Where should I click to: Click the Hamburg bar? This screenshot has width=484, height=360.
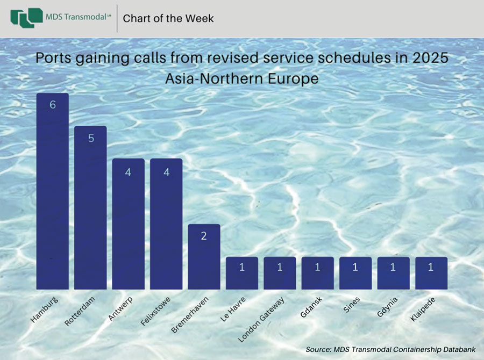(x=53, y=191)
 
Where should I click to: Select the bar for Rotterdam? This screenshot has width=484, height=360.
(x=90, y=207)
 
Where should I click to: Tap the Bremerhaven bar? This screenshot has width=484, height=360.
(x=204, y=257)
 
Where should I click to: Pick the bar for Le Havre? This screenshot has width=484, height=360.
(x=242, y=273)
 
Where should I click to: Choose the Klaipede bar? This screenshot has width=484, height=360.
(x=431, y=273)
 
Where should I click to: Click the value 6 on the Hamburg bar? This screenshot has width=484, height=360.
(x=53, y=105)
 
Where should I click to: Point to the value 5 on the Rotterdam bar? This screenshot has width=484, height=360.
(x=91, y=138)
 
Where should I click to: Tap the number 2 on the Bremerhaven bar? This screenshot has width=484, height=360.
(x=204, y=236)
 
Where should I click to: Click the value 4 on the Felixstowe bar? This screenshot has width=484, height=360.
(x=167, y=172)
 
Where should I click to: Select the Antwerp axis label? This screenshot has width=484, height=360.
(x=120, y=309)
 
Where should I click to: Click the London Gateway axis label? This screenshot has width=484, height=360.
(x=261, y=320)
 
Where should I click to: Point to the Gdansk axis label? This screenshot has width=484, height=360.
(x=311, y=307)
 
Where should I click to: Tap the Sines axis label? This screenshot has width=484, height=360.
(x=352, y=305)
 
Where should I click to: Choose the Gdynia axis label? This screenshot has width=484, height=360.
(x=387, y=307)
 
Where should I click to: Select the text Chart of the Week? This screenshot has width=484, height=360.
(x=168, y=18)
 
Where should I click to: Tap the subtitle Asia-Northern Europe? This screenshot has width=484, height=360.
(x=241, y=78)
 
